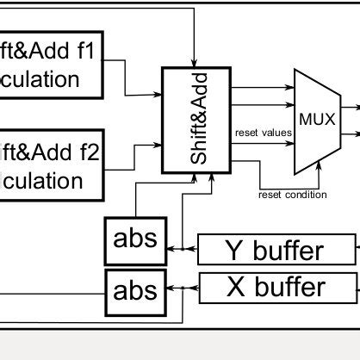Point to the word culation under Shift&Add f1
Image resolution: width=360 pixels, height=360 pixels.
click(x=40, y=79)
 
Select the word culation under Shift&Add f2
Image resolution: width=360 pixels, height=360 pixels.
click(x=41, y=182)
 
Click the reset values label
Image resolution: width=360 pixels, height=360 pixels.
click(x=262, y=133)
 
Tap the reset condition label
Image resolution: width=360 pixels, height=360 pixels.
click(x=293, y=195)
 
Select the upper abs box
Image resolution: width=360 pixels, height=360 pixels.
click(x=135, y=239)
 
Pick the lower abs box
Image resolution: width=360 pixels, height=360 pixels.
click(x=135, y=289)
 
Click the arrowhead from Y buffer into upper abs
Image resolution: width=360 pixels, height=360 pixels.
click(x=171, y=251)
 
